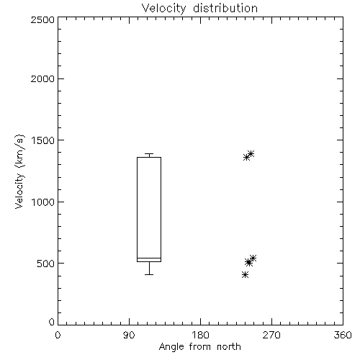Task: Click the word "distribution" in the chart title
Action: click(225, 8)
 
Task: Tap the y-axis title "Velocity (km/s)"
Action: click(19, 171)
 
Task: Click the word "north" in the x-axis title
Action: click(229, 346)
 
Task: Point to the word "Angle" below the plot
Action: click(171, 347)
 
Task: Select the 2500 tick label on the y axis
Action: click(42, 19)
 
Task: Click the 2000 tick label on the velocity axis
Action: click(42, 78)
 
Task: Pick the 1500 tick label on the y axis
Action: click(43, 140)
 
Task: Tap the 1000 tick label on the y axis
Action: click(43, 202)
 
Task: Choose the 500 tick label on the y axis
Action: click(46, 264)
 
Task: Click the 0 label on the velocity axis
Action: click(52, 322)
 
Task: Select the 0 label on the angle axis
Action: click(58, 335)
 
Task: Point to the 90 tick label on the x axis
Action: click(129, 335)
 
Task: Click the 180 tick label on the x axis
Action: click(200, 335)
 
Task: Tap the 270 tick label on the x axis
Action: click(271, 335)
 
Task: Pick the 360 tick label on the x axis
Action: click(343, 335)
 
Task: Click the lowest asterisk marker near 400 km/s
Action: click(245, 274)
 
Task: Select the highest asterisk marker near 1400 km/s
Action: click(251, 153)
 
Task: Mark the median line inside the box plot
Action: click(149, 258)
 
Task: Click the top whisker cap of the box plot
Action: click(149, 153)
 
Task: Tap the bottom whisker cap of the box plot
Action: click(149, 274)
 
